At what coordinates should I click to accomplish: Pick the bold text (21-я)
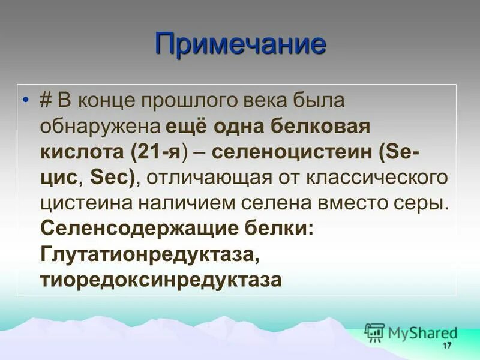coord(161,152)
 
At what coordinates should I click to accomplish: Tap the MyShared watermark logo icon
coord(374,332)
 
